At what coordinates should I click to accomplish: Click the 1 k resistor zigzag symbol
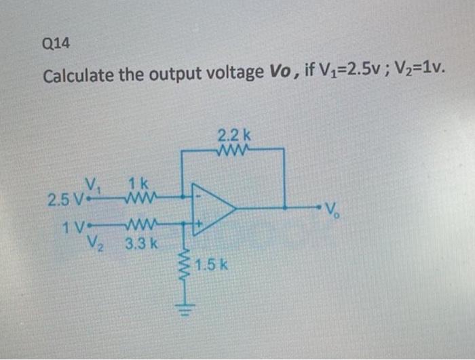(141, 197)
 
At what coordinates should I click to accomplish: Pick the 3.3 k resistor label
(141, 241)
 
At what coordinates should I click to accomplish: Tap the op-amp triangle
(213, 209)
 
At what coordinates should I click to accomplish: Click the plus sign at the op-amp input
(199, 222)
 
